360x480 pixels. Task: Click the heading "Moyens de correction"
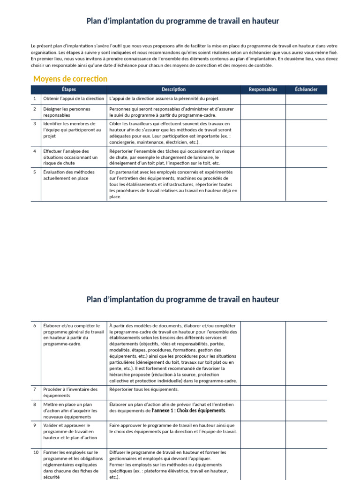tap(70, 79)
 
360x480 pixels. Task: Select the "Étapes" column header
tap(68, 90)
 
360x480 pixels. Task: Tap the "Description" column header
tap(173, 90)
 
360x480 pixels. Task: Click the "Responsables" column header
tap(263, 90)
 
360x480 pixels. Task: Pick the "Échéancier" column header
tap(306, 90)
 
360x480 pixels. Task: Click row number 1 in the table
tap(35, 99)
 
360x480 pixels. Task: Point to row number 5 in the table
tap(35, 172)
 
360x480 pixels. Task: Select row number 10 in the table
tap(36, 452)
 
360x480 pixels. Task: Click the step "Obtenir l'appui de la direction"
tap(73, 99)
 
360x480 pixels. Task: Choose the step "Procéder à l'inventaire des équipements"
tap(70, 392)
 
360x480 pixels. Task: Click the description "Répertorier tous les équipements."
tap(144, 390)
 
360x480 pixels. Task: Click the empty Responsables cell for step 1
tap(263, 99)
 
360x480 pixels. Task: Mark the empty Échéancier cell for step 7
tap(306, 392)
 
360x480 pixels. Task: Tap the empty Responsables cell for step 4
tap(263, 157)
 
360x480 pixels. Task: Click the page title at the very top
tap(183, 21)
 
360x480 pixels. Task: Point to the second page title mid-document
tap(183, 299)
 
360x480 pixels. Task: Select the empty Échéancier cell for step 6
tap(306, 353)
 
